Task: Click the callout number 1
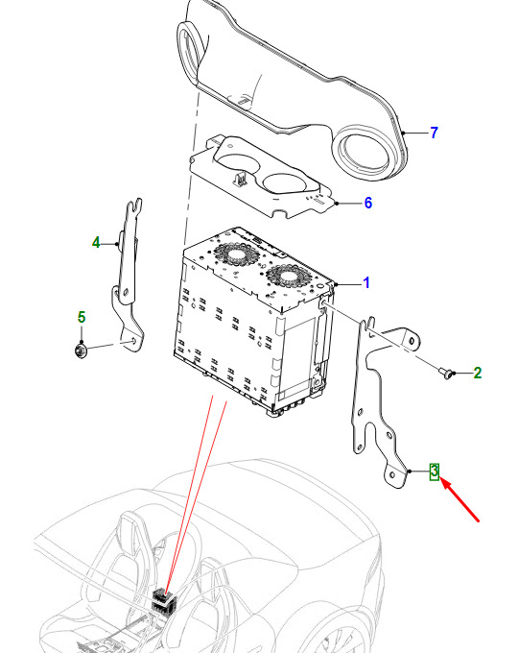pos(366,282)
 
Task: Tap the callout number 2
pos(477,373)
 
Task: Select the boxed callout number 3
pos(435,472)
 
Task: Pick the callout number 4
pos(96,242)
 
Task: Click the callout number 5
pos(82,317)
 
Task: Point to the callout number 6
pos(368,203)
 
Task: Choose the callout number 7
pos(435,133)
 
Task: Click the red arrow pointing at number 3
pos(459,499)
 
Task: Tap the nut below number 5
pos(82,351)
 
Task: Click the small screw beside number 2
pos(446,374)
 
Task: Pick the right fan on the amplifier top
pos(289,277)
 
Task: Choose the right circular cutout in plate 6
pos(288,184)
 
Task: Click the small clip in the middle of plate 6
pos(239,179)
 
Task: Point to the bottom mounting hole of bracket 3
pos(392,475)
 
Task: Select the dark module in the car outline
pos(164,601)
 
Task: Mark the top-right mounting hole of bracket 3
pos(412,341)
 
